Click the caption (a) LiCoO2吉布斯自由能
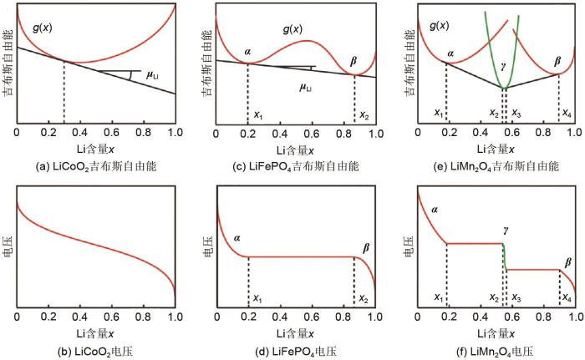point(96,166)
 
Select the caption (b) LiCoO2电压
point(96,349)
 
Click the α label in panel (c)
point(247,51)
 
